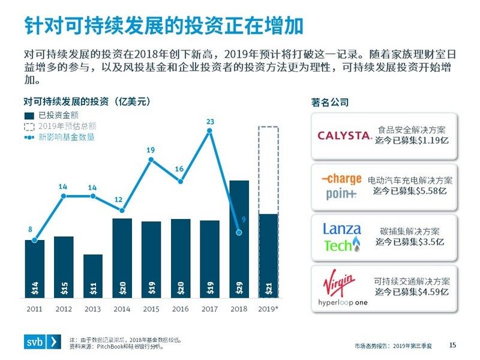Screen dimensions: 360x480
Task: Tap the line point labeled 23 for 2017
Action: [x=210, y=131]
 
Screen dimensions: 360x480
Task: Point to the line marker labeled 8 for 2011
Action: [x=34, y=240]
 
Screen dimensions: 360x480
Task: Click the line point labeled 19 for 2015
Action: [x=151, y=160]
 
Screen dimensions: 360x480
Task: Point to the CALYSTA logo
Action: [x=344, y=136]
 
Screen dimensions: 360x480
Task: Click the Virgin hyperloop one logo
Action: [x=343, y=290]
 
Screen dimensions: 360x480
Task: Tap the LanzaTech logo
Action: [x=342, y=238]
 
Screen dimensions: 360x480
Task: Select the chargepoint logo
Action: [x=342, y=186]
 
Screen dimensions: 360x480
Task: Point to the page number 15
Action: [x=453, y=344]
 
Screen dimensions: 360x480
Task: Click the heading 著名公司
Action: [x=330, y=103]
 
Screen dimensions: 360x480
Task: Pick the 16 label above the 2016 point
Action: [x=179, y=169]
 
